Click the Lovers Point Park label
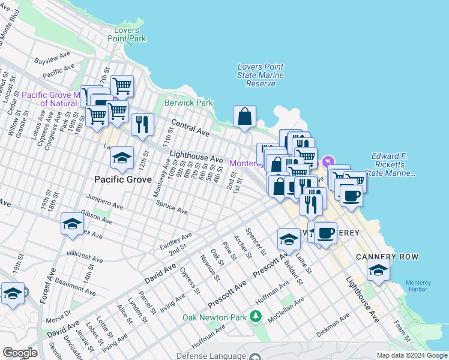pyautogui.click(x=127, y=34)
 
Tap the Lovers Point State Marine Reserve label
pyautogui.click(x=261, y=75)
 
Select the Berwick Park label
pyautogui.click(x=193, y=103)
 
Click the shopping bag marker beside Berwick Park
pyautogui.click(x=245, y=116)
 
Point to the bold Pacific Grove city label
pyautogui.click(x=122, y=179)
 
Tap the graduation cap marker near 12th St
pyautogui.click(x=122, y=158)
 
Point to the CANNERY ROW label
pyautogui.click(x=395, y=257)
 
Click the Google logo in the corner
pyautogui.click(x=20, y=353)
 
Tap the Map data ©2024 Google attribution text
pyautogui.click(x=411, y=355)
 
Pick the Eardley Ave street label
pyautogui.click(x=175, y=241)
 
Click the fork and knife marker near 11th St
pyautogui.click(x=142, y=125)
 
